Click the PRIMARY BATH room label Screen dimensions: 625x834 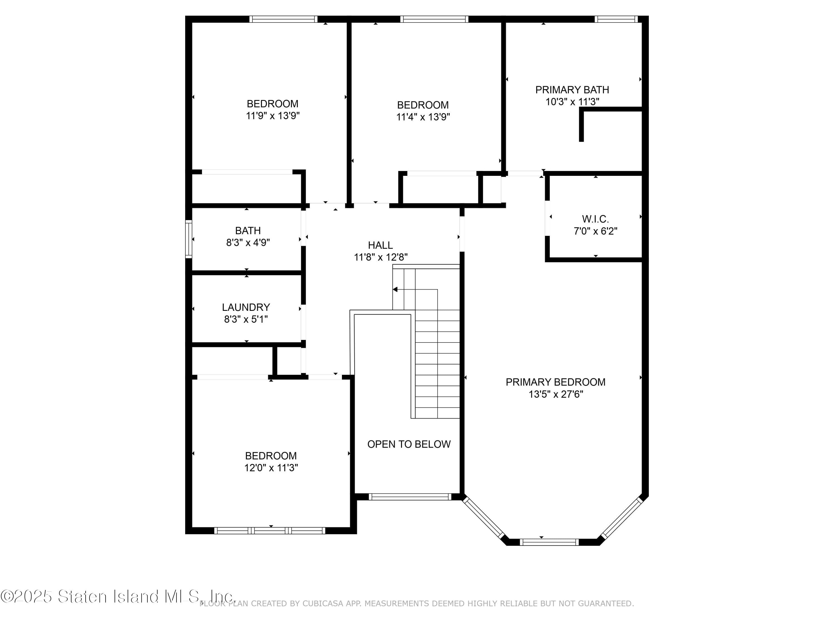pos(572,90)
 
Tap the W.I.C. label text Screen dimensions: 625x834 pos(595,219)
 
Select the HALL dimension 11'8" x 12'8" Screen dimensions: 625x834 pos(380,257)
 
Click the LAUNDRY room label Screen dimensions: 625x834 pos(246,307)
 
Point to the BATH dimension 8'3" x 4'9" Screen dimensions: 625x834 pos(248,242)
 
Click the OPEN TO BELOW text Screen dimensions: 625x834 pos(409,444)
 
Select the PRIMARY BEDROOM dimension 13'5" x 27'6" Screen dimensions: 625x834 pos(555,394)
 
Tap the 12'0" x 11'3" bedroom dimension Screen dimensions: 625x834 pos(271,467)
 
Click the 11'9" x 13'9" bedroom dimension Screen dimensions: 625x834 pos(273,116)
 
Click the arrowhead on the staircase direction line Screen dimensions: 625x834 pos(395,289)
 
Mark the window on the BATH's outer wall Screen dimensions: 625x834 pos(188,239)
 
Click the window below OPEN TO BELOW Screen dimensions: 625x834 pos(409,497)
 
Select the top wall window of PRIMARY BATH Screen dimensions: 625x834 pos(616,19)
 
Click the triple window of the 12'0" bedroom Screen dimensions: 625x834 pos(270,531)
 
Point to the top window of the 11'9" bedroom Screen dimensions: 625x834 pos(283,19)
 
